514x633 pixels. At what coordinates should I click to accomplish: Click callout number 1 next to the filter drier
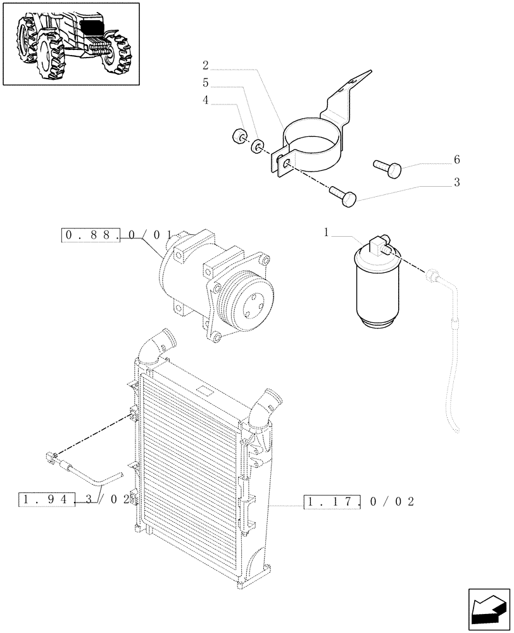tap(327, 234)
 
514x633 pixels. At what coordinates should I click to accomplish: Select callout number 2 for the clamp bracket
tap(206, 65)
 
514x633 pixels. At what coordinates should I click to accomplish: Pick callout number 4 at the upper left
tap(206, 99)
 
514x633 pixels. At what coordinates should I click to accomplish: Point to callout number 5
tap(206, 82)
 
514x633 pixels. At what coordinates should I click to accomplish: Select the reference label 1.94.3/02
tap(75, 499)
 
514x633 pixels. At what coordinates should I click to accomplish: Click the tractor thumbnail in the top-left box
tap(70, 44)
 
